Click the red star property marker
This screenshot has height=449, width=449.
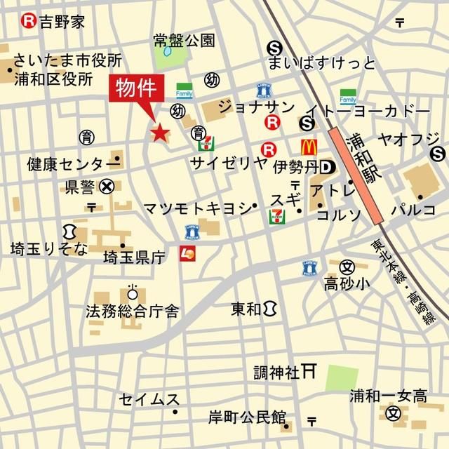(159, 132)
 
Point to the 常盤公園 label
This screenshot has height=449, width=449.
(184, 41)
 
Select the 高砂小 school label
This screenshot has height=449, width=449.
(345, 283)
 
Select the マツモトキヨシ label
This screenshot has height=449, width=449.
(196, 208)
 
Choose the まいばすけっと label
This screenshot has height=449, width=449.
(321, 64)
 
